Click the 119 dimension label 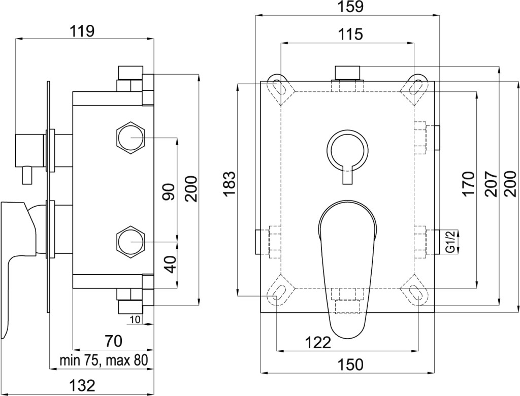[x=82, y=31]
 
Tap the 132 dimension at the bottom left [x=82, y=385]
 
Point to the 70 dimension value [x=113, y=341]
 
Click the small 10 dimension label [x=135, y=319]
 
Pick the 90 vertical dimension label [x=169, y=192]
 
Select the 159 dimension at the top [x=350, y=7]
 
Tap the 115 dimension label [x=350, y=34]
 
